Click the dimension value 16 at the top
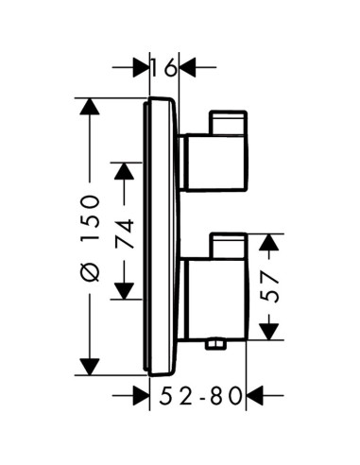pyautogui.click(x=163, y=67)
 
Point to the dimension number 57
pyautogui.click(x=269, y=287)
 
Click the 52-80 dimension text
pyautogui.click(x=201, y=396)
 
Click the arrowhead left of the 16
pyautogui.click(x=141, y=67)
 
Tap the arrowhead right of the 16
pyautogui.click(x=187, y=67)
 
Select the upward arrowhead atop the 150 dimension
pyautogui.click(x=90, y=107)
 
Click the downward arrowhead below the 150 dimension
pyautogui.click(x=90, y=367)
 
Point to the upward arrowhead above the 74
pyautogui.click(x=124, y=171)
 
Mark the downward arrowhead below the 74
pyautogui.click(x=124, y=291)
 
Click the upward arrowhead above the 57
pyautogui.click(x=268, y=242)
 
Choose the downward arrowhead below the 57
pyautogui.click(x=268, y=332)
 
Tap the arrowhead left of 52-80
pyautogui.click(x=141, y=395)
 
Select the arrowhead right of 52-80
pyautogui.click(x=254, y=395)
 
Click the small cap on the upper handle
pyautogui.click(x=228, y=123)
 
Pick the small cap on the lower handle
pyautogui.click(x=228, y=246)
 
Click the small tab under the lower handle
pyautogui.click(x=215, y=344)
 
